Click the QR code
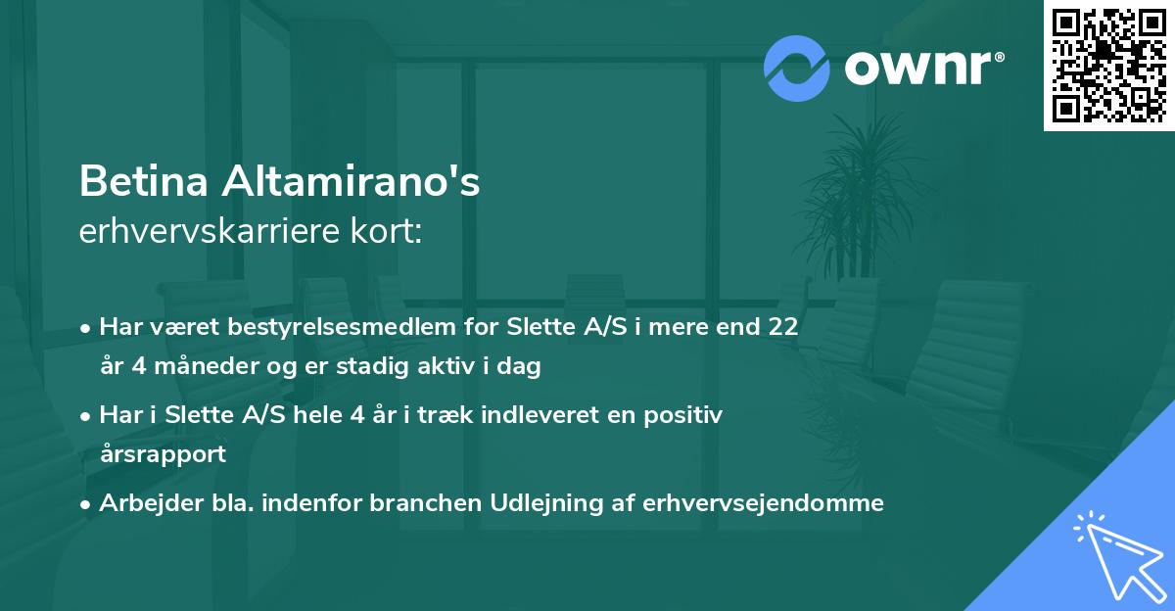point(1109,65)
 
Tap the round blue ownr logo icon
point(797,68)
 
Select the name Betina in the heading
point(143,182)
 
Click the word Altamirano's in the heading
point(352,182)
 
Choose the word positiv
point(689,415)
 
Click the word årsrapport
point(163,454)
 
